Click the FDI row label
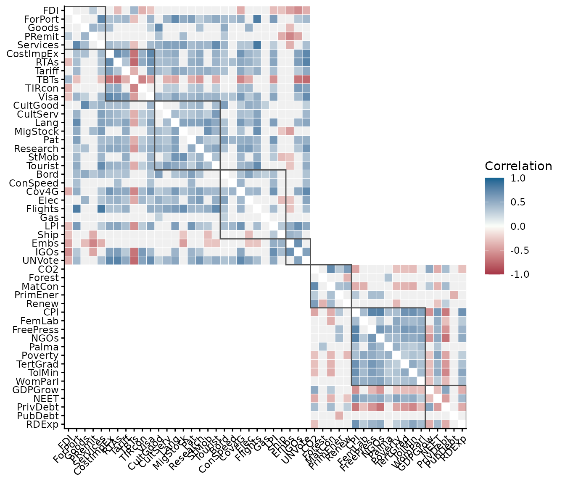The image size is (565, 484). pyautogui.click(x=51, y=11)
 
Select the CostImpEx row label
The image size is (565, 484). pyautogui.click(x=33, y=54)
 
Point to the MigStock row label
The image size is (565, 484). pyautogui.click(x=36, y=131)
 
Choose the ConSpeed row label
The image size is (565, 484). pyautogui.click(x=34, y=183)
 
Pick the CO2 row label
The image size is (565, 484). pyautogui.click(x=48, y=269)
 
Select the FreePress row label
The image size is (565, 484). pyautogui.click(x=37, y=329)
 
